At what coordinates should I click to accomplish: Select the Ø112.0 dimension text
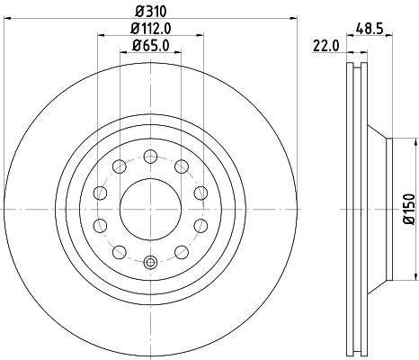point(151,29)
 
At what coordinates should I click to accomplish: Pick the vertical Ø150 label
point(409,209)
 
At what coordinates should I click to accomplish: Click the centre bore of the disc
point(150,208)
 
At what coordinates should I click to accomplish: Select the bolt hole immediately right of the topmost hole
point(182,165)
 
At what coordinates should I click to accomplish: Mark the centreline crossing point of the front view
point(150,208)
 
